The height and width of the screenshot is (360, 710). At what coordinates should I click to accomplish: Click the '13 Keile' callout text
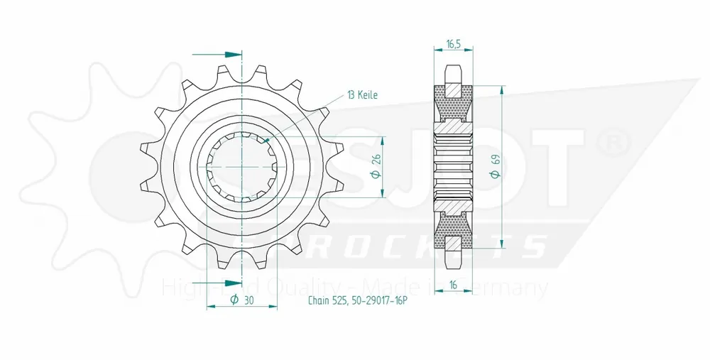(362, 94)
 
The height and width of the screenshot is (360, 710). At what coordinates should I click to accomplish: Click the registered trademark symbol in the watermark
(613, 143)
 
